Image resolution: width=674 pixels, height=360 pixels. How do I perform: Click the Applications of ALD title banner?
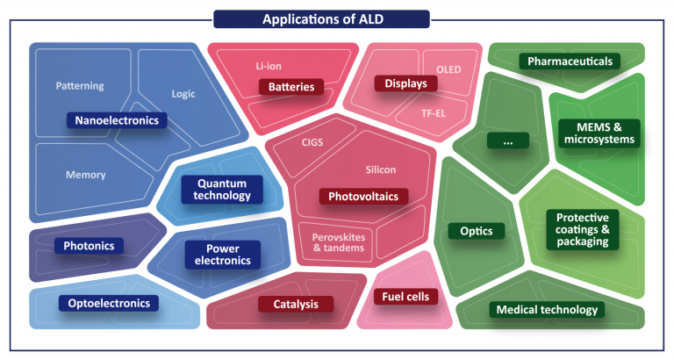coord(321,19)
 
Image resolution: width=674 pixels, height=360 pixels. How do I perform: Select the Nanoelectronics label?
coord(117,120)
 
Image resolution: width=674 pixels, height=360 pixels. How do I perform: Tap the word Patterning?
coord(80,86)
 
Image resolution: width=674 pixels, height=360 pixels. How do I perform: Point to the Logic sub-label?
coord(183,94)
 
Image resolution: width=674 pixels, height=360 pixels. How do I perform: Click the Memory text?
coord(85,175)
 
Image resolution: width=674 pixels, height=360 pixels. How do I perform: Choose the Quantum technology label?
coord(222,190)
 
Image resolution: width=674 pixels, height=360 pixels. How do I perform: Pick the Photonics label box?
coord(89,246)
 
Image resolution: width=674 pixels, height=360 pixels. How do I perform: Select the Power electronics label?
coord(223,255)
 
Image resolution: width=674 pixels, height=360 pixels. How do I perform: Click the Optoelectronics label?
coord(109,303)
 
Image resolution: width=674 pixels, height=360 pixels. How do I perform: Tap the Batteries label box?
coord(291,87)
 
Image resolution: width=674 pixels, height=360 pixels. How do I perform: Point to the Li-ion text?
coord(269,66)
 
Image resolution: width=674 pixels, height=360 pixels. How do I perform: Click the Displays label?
coord(405,83)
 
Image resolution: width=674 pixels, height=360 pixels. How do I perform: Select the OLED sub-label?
coord(448,69)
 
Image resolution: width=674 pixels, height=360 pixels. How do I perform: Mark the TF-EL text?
coord(434,113)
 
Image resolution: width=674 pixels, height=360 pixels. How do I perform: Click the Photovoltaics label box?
coord(363,197)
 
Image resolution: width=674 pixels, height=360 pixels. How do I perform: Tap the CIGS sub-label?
coord(312,142)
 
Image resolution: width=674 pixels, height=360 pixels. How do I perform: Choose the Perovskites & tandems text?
coord(339,242)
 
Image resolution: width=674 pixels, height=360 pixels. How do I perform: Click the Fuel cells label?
coord(405,297)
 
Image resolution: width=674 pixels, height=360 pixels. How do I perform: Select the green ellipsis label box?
coord(508,140)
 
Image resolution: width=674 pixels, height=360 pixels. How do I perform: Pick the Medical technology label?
coord(548,310)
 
